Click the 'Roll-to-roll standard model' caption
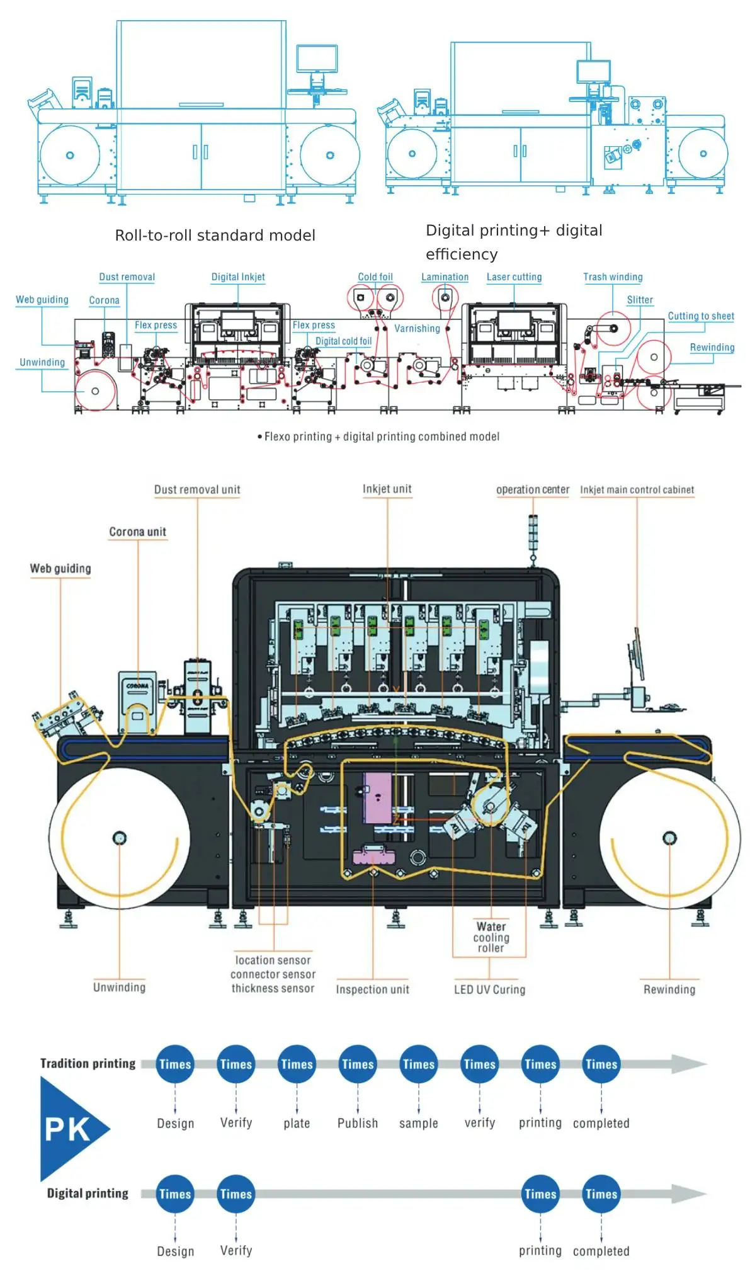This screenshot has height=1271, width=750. [x=215, y=235]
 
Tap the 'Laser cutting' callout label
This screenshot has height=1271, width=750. [x=514, y=277]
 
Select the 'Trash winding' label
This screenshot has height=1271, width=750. [x=612, y=277]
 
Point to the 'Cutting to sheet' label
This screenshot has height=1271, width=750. [x=700, y=316]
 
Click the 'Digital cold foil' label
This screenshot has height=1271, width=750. [x=343, y=341]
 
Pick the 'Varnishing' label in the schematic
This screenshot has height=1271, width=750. [x=417, y=329]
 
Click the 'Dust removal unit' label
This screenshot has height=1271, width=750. [x=197, y=489]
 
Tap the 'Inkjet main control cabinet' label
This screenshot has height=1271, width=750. [x=637, y=489]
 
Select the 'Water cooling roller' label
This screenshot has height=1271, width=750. [x=491, y=937]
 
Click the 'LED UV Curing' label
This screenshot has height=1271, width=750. [x=489, y=989]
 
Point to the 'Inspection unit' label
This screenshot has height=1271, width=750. [x=372, y=989]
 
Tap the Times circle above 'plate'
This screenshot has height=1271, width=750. [x=297, y=1064]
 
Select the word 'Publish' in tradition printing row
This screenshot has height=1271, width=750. [x=358, y=1123]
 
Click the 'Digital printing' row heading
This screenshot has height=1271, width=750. [x=88, y=1193]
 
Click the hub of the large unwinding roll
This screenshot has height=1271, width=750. [x=120, y=838]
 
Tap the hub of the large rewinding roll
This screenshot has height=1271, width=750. [x=669, y=838]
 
